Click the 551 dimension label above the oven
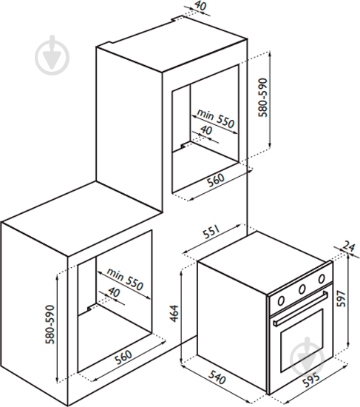click(x=212, y=232)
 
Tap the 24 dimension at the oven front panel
click(x=349, y=246)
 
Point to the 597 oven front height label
click(x=342, y=298)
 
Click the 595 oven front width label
click(x=311, y=380)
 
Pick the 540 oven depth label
click(x=217, y=377)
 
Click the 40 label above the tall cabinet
click(x=200, y=6)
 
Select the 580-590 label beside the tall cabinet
click(x=262, y=98)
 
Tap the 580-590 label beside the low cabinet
click(x=50, y=324)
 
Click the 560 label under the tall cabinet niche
click(x=216, y=180)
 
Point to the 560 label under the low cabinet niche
click(x=123, y=357)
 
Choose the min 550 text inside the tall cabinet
click(x=216, y=118)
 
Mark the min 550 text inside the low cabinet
click(x=125, y=279)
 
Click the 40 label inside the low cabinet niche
click(x=114, y=292)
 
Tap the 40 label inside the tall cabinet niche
click(x=206, y=130)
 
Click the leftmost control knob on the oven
click(x=281, y=300)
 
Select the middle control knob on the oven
click(x=302, y=289)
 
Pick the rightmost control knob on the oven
click(x=322, y=279)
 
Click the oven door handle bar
click(x=300, y=308)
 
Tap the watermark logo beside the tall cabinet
click(x=52, y=55)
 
